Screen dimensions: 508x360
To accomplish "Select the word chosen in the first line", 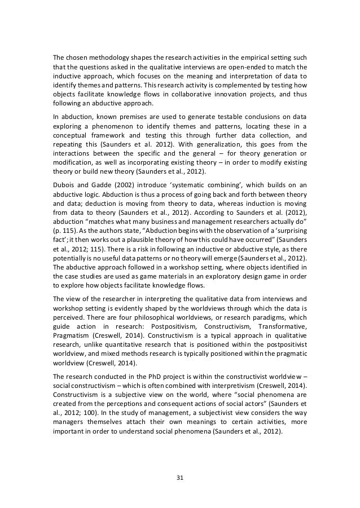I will [76, 56].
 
